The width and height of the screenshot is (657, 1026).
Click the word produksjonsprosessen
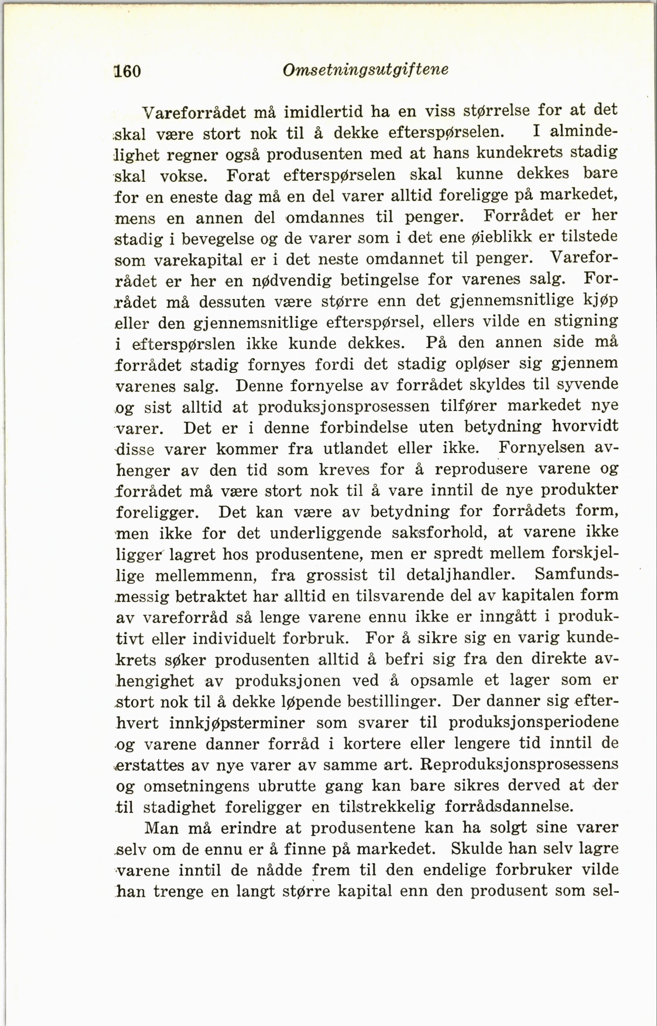344,406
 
